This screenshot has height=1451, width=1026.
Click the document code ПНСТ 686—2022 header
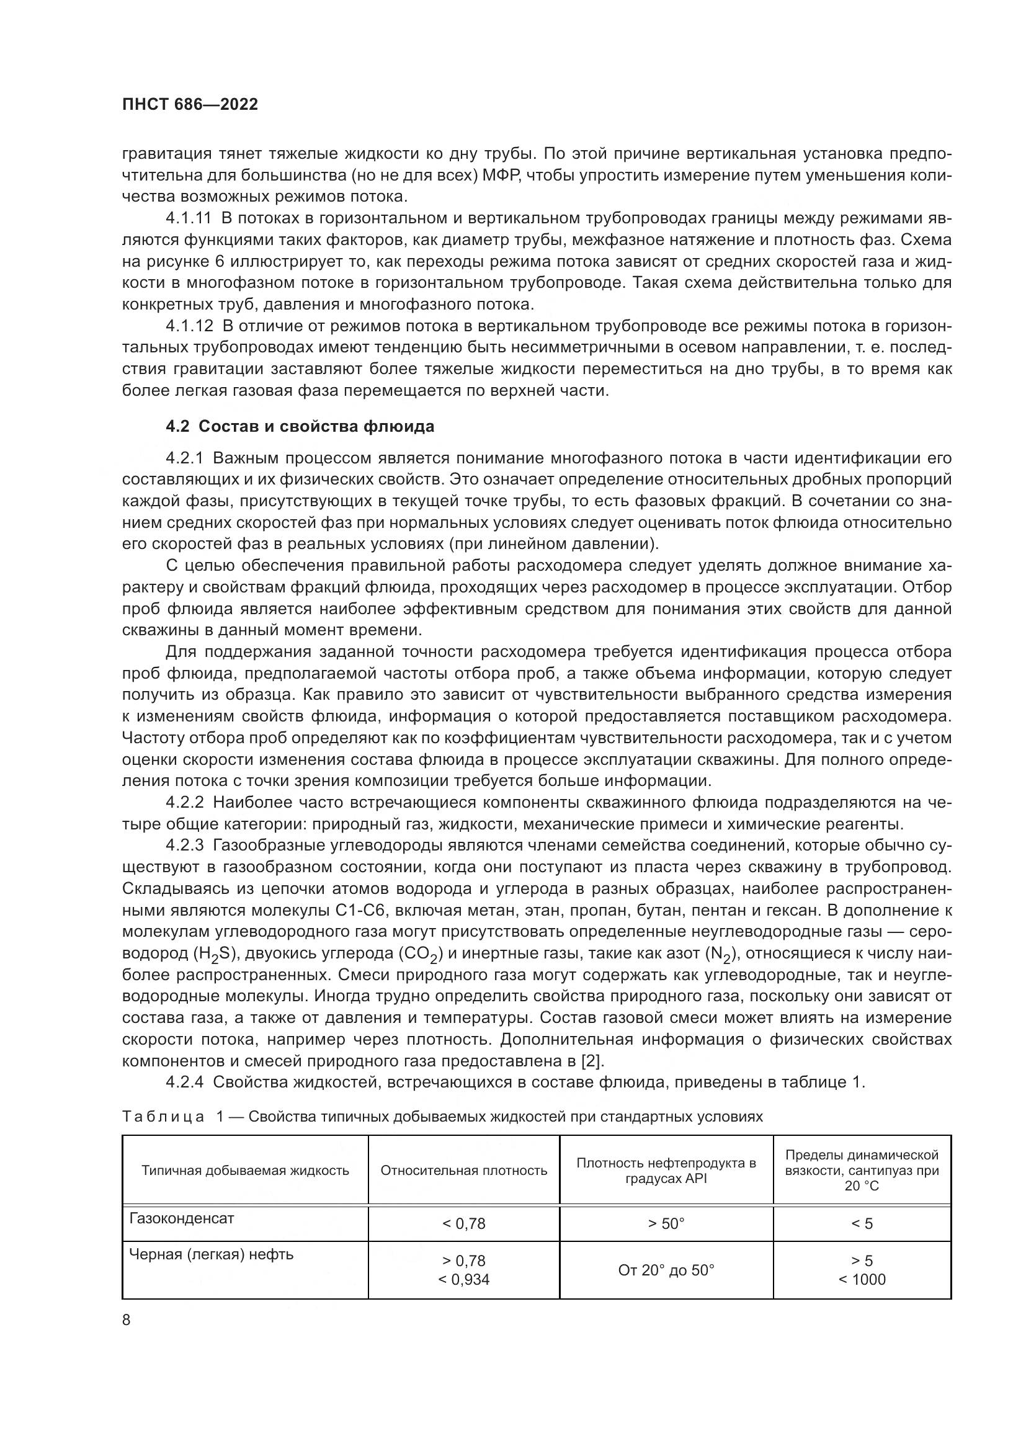(190, 105)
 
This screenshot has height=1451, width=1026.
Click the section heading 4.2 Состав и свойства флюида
(300, 427)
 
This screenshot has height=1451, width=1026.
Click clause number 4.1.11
(187, 218)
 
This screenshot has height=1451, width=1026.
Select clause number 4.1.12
(187, 326)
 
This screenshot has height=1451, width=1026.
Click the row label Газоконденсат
(181, 1218)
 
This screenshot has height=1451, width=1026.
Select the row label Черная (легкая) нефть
(211, 1254)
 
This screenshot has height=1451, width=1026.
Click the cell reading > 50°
(666, 1224)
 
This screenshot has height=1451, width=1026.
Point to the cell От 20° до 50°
(666, 1270)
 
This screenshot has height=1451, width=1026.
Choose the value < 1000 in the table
(862, 1280)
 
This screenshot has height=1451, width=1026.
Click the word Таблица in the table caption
(163, 1117)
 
